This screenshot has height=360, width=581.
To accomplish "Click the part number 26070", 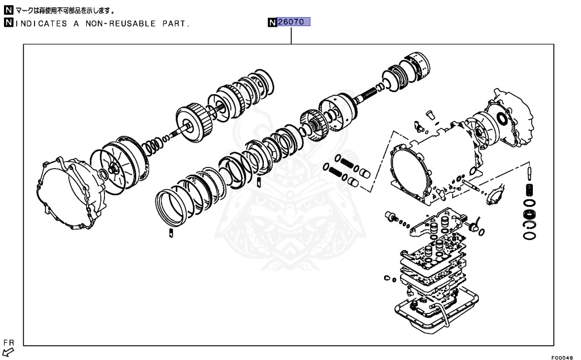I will pyautogui.click(x=294, y=23).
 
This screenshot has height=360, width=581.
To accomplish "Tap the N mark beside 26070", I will pyautogui.click(x=272, y=23).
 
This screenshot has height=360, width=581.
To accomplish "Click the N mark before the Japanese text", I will pyautogui.click(x=8, y=11).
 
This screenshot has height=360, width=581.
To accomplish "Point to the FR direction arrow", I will pyautogui.click(x=9, y=352).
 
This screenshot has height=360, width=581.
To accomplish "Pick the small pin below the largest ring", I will pyautogui.click(x=171, y=233).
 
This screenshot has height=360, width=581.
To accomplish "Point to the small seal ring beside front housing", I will pyautogui.click(x=103, y=173).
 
